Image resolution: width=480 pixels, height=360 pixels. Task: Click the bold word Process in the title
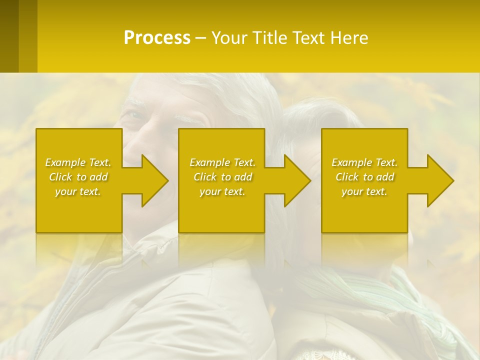157,38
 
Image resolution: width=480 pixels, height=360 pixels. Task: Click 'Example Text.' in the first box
78,162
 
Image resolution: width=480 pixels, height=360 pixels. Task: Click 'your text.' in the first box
78,191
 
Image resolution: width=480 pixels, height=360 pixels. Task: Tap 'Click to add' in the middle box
222,177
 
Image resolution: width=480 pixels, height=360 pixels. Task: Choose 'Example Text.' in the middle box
222,162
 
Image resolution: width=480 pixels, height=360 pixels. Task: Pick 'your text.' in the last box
364,191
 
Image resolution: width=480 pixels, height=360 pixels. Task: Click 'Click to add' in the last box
364,177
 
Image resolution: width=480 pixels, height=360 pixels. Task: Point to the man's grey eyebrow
187,119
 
